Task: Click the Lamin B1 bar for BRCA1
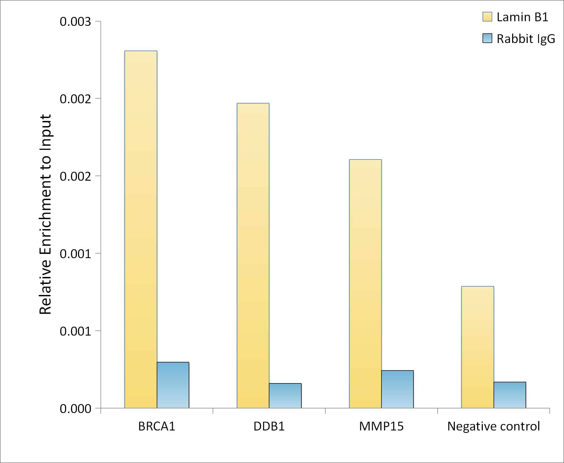click(x=141, y=229)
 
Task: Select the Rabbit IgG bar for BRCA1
click(x=173, y=385)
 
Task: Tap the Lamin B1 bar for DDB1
click(x=253, y=255)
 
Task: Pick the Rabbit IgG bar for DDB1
click(x=285, y=396)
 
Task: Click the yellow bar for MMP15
click(x=365, y=284)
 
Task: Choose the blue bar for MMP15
click(x=397, y=389)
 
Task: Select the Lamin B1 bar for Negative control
click(x=478, y=347)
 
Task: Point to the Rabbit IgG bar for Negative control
click(x=510, y=395)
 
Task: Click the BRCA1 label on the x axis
click(x=157, y=426)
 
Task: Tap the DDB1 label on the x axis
click(x=269, y=426)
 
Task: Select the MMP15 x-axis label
click(x=381, y=426)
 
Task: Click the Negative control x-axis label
click(x=494, y=426)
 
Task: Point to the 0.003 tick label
click(x=76, y=22)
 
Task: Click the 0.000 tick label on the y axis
click(x=76, y=409)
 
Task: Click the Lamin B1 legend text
click(x=522, y=17)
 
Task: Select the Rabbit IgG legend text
click(x=526, y=39)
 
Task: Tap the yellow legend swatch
click(x=487, y=17)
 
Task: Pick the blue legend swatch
click(x=487, y=38)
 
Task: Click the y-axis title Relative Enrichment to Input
click(x=45, y=214)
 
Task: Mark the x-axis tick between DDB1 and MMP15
click(x=325, y=411)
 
